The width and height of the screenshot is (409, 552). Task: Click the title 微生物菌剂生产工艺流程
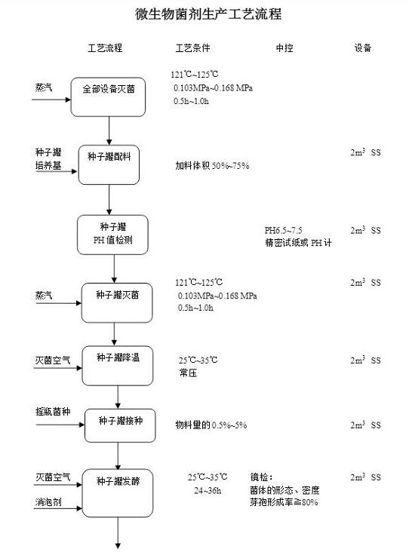208,14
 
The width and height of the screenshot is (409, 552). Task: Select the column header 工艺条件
192,48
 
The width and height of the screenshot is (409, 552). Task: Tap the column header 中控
284,48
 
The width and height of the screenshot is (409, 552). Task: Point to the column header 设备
363,48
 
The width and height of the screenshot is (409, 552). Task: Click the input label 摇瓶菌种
53,412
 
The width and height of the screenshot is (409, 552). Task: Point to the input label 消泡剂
48,501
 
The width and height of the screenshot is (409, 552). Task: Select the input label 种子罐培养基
48,159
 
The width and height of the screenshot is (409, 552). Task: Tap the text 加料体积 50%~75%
213,165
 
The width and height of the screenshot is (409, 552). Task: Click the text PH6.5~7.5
283,230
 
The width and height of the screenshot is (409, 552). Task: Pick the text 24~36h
208,490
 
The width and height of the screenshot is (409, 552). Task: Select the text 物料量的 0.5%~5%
211,425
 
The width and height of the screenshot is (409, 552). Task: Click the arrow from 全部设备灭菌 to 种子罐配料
109,130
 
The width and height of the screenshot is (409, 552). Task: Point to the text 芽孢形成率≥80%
284,502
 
